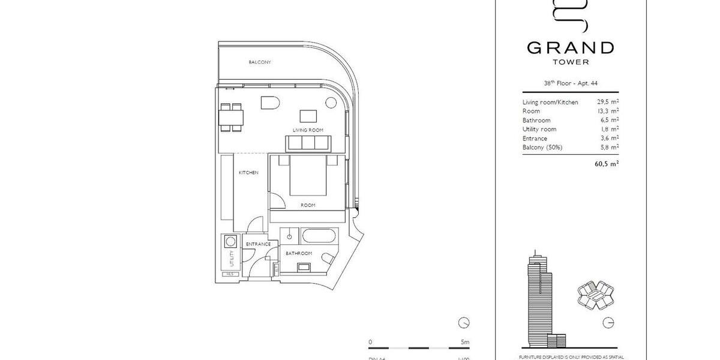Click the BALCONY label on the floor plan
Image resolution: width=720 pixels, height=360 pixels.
pos(260,62)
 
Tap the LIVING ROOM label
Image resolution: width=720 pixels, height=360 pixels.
pos(308,130)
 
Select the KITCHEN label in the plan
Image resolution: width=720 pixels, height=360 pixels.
pos(248,173)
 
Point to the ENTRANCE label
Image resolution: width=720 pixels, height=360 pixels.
pos(259,244)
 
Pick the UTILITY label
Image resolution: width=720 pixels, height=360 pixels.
pos(230,259)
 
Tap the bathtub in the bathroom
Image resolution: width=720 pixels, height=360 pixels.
pos(317,236)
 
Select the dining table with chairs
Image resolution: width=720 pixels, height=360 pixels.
pos(231,117)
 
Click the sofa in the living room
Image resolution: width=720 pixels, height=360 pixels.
pos(308,143)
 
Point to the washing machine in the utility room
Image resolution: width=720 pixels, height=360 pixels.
pos(230,242)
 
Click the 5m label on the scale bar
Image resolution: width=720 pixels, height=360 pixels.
pos(464,342)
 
